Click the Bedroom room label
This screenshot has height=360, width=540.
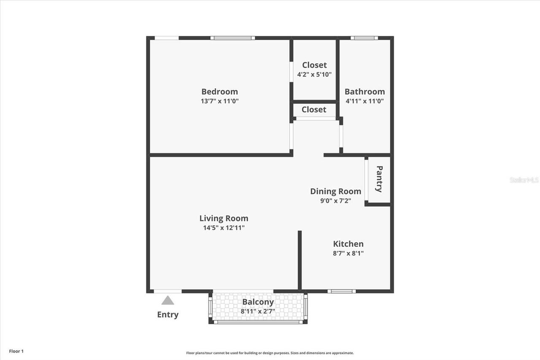pyautogui.click(x=219, y=92)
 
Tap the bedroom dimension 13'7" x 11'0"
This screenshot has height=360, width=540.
pyautogui.click(x=219, y=101)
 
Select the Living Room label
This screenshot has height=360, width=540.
pyautogui.click(x=224, y=218)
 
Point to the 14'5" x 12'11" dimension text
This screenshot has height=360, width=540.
pyautogui.click(x=224, y=228)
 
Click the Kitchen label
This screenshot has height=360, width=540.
pyautogui.click(x=348, y=244)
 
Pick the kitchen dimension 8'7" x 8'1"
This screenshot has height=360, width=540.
pyautogui.click(x=348, y=254)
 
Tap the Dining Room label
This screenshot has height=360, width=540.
pyautogui.click(x=335, y=191)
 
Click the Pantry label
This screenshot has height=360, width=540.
pyautogui.click(x=379, y=179)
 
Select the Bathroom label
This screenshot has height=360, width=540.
pyautogui.click(x=364, y=92)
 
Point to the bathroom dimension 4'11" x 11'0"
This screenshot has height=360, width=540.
pyautogui.click(x=364, y=101)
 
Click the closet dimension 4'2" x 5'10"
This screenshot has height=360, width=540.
pyautogui.click(x=314, y=75)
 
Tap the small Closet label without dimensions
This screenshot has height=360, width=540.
pyautogui.click(x=314, y=110)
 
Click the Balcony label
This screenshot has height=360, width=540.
pyautogui.click(x=258, y=302)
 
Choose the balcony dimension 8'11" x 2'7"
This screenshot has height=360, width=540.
pyautogui.click(x=258, y=311)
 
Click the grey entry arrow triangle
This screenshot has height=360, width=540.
pyautogui.click(x=168, y=300)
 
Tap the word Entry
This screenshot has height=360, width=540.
pyautogui.click(x=168, y=314)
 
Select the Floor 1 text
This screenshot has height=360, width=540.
pyautogui.click(x=16, y=351)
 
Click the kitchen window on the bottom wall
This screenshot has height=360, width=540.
pyautogui.click(x=341, y=291)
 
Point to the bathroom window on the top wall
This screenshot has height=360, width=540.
pyautogui.click(x=364, y=38)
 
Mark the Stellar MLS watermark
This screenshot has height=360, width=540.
pyautogui.click(x=524, y=180)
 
